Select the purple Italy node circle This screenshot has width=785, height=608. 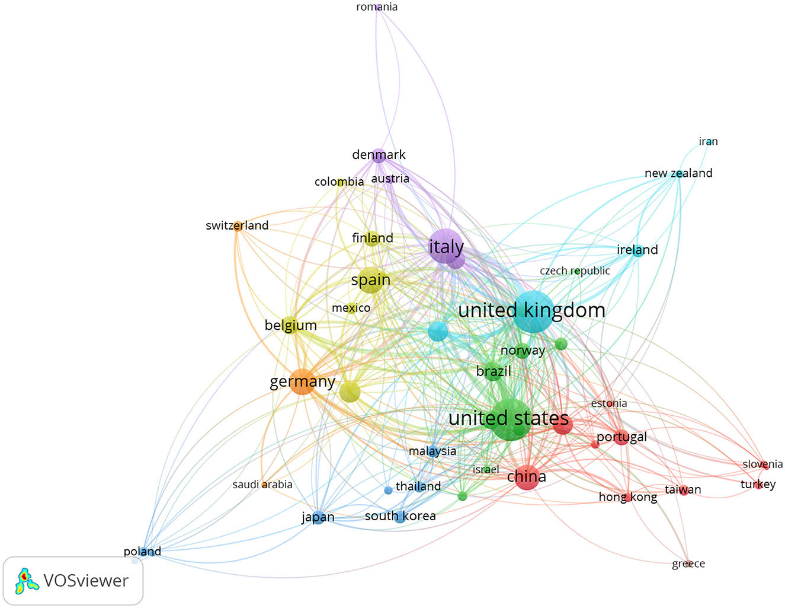446,246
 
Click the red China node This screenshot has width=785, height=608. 527,477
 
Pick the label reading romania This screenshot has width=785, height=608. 377,7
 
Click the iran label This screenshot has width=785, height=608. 708,141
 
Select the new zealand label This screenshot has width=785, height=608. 678,173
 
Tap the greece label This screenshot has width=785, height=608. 688,564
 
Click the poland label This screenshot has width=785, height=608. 142,552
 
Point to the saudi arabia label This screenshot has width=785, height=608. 262,485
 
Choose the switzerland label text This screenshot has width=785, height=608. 237,225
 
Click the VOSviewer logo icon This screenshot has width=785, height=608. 27,581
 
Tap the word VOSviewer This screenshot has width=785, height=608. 86,581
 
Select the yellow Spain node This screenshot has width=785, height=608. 371,280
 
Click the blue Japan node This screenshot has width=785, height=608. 318,517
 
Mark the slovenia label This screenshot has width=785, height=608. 762,464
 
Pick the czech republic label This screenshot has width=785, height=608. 575,271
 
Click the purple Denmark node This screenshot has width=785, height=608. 379,155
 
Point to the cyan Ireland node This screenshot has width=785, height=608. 637,250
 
